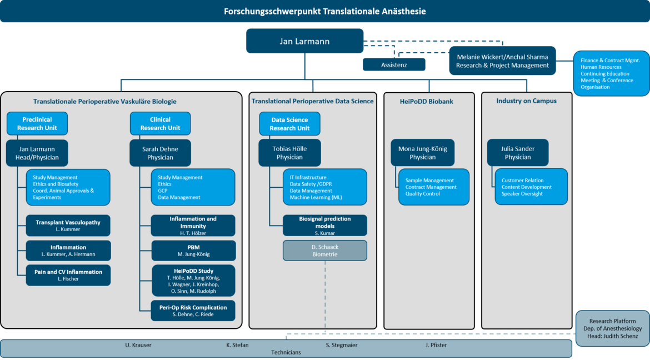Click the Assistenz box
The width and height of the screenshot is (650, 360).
coord(394,64)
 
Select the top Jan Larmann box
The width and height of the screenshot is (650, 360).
coord(304,41)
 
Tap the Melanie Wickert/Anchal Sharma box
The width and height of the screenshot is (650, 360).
coord(502,61)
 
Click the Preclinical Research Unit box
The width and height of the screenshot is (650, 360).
coord(37,123)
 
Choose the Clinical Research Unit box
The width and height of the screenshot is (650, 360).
coord(160,123)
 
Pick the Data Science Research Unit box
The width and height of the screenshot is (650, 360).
coord(289,124)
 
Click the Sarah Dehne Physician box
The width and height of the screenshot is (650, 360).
coord(160,153)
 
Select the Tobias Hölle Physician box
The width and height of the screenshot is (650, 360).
coord(289,153)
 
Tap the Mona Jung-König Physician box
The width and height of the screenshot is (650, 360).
coord(422,153)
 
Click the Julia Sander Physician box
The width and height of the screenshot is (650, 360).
coord(517,153)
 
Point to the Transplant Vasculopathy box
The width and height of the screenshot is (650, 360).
coord(68,226)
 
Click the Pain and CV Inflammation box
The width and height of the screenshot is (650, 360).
coord(68,275)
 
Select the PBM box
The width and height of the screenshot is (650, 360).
coord(193,251)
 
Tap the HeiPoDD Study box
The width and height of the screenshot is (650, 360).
coord(193,281)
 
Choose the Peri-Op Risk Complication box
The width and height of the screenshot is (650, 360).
coord(193,311)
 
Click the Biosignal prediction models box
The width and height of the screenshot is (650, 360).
coord(324,226)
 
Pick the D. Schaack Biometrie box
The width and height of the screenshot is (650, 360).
coord(324,251)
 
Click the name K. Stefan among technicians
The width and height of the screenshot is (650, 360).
coord(238,345)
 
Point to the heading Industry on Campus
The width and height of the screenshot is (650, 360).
coord(527,101)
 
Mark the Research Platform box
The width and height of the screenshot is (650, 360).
coord(612,328)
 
